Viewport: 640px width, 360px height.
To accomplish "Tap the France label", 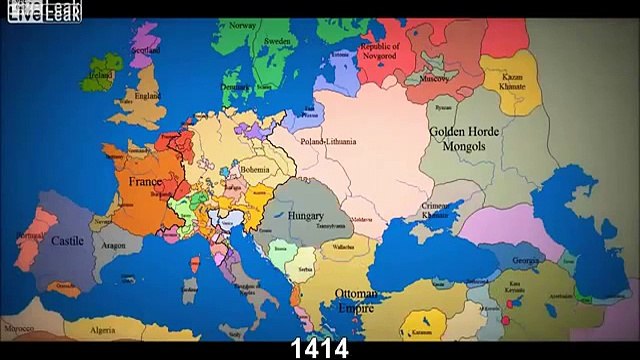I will (145, 183).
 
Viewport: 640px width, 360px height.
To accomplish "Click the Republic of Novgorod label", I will (380, 51).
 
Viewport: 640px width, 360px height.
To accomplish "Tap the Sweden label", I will (277, 41).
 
